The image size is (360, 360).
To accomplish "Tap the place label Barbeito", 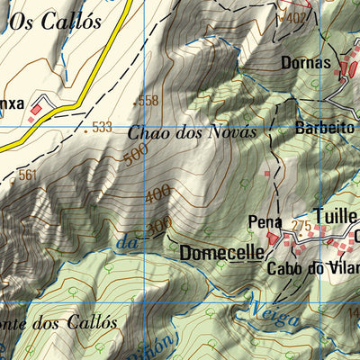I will point(325,129).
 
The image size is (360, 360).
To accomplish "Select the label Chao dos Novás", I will point(193,131).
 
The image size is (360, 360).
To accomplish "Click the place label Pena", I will point(265,222).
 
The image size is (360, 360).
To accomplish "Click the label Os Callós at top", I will point(55,22).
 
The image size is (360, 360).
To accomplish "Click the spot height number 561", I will point(27,175).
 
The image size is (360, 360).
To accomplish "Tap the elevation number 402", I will point(294,17).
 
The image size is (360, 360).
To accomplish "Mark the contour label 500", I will point(136,156).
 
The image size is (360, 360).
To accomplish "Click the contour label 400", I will point(157,193).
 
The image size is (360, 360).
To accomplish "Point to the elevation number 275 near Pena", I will point(301,226).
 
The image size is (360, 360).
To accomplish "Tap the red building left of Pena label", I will point(266,171).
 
